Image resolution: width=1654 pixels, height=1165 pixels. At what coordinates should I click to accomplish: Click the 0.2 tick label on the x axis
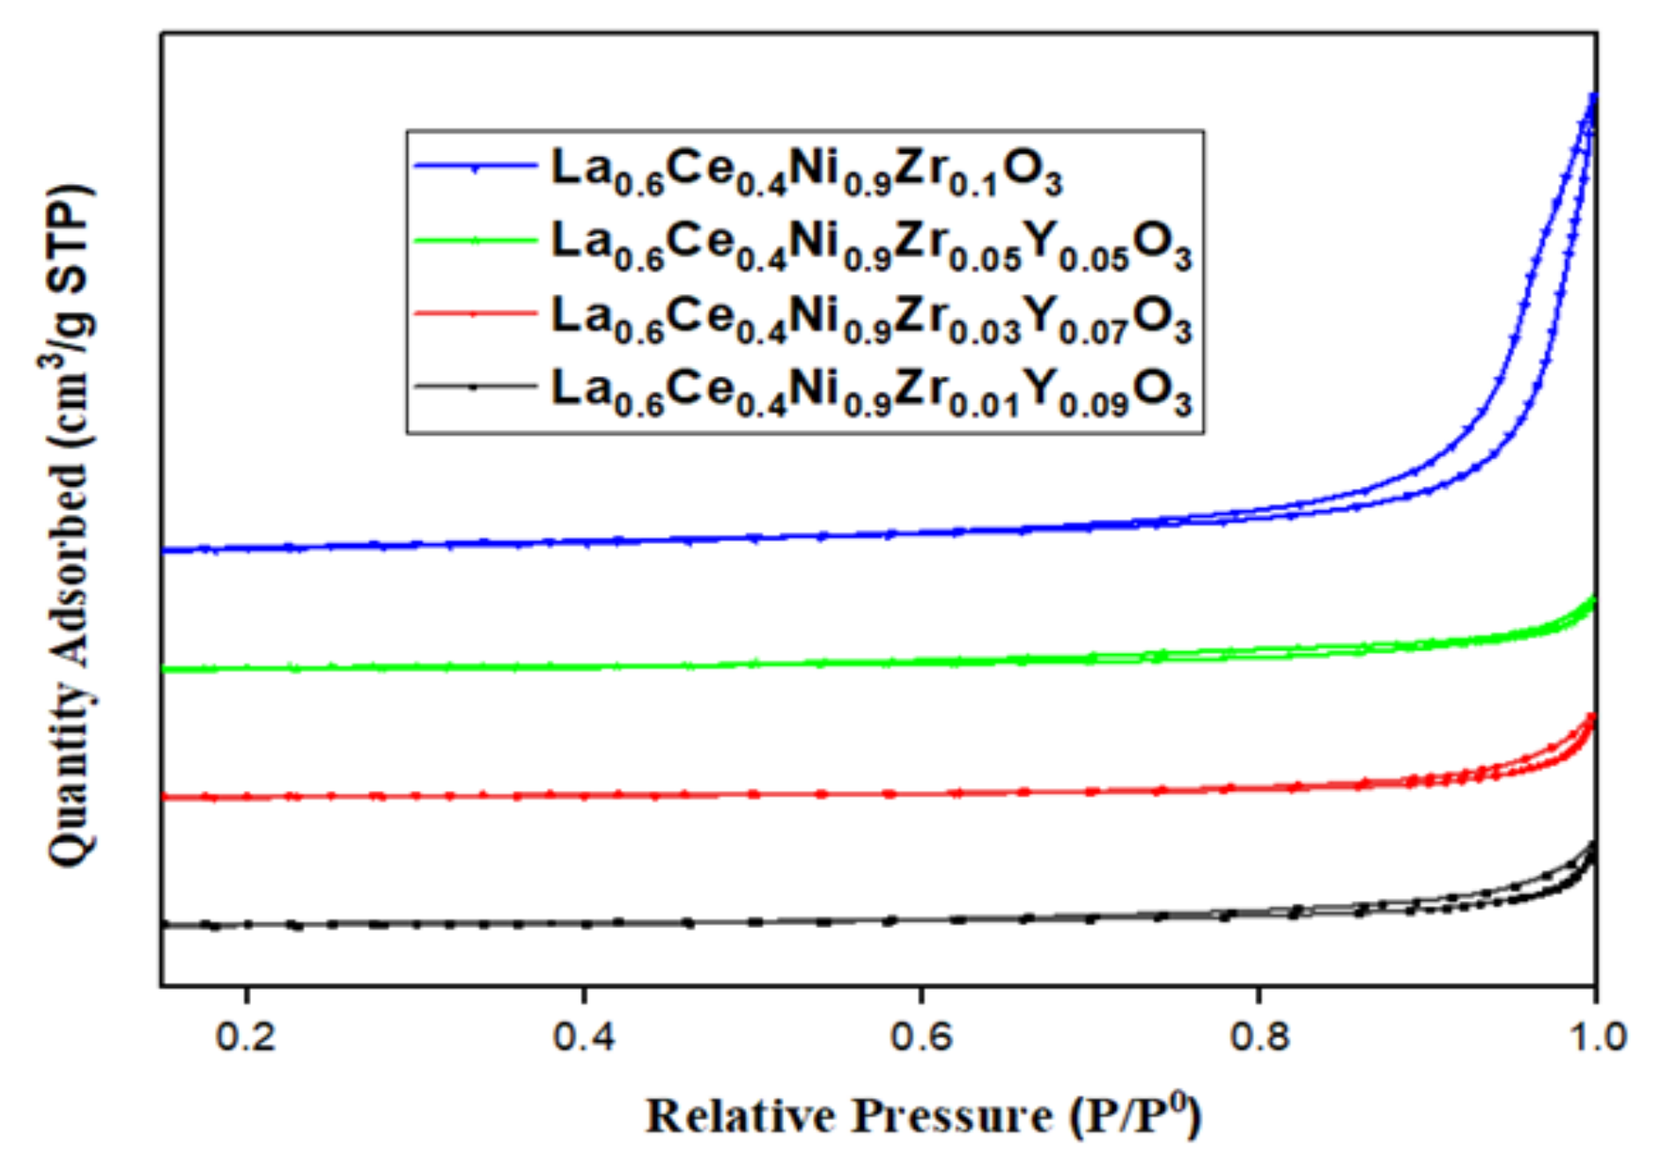click(x=246, y=1036)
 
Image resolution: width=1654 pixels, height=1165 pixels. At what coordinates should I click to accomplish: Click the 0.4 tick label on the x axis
click(x=583, y=1036)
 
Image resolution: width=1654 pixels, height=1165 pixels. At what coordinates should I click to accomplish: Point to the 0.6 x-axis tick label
click(x=920, y=1036)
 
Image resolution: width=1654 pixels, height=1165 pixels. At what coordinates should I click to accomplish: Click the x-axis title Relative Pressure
click(x=922, y=1116)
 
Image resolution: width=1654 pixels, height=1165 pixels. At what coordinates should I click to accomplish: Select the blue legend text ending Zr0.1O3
click(x=806, y=170)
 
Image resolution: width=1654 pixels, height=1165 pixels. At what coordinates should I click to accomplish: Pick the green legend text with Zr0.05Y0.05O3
click(x=870, y=243)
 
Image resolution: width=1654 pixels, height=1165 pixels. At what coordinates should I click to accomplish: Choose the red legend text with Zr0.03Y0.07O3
click(x=870, y=317)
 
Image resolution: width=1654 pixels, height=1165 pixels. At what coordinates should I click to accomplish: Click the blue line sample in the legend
click(x=476, y=166)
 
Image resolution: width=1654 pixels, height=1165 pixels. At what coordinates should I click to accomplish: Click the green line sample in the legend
click(x=476, y=240)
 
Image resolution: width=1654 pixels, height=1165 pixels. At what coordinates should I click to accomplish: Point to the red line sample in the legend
click(x=476, y=313)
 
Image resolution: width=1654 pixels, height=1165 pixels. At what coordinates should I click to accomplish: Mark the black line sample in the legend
click(x=476, y=386)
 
